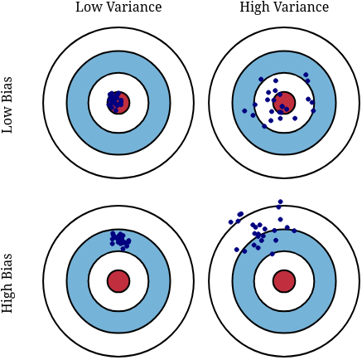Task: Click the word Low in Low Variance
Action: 85,7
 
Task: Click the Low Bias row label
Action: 7,105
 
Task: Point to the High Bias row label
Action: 7,283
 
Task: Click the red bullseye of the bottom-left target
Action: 118,281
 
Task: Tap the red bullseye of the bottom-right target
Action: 284,281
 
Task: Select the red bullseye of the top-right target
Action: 284,103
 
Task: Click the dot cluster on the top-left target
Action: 114,102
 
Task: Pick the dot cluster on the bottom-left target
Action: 120,241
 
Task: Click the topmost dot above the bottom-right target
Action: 281,202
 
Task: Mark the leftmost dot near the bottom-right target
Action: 231,221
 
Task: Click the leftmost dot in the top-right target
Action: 244,111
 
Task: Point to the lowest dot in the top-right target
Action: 264,126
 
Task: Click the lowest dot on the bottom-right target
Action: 273,254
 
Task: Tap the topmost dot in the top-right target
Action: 306,75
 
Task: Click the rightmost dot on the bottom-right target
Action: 294,231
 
